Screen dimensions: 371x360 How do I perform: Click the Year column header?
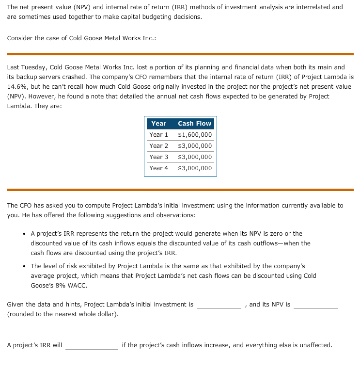click(x=158, y=124)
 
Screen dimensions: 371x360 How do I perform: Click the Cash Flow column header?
click(x=194, y=124)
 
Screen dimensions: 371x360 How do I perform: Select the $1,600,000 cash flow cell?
click(x=195, y=135)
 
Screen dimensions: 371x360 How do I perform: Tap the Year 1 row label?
click(x=159, y=135)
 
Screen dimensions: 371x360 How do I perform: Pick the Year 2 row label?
click(x=159, y=146)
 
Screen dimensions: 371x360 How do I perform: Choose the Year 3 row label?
click(x=159, y=157)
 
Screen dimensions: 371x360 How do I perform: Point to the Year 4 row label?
click(x=159, y=168)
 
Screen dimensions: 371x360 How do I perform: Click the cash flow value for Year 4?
click(x=195, y=168)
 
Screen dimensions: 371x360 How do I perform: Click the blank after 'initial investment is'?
click(x=219, y=305)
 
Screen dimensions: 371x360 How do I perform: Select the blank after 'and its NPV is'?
click(x=315, y=305)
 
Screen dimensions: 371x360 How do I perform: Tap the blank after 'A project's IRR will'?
click(x=92, y=346)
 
